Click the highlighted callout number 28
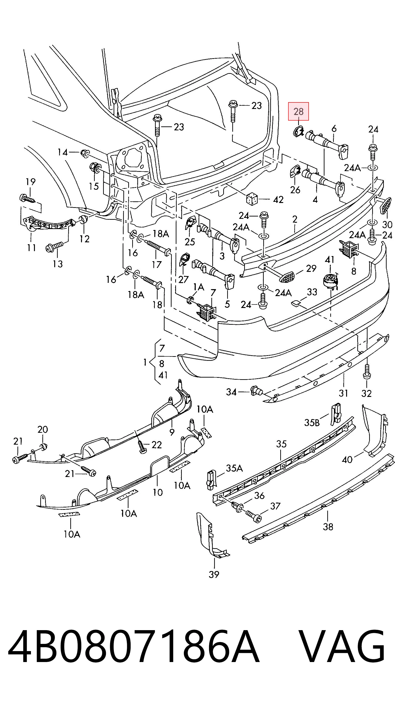tap(298, 111)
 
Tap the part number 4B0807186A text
tap(133, 647)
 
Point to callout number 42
tap(278, 200)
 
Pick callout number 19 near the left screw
tap(30, 182)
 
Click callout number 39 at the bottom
tap(214, 575)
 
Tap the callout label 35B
tap(312, 422)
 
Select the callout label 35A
tap(234, 468)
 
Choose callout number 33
tap(312, 292)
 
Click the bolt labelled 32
tap(367, 372)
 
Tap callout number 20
tap(43, 429)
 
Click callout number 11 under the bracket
tap(31, 248)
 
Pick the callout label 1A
tap(199, 287)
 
